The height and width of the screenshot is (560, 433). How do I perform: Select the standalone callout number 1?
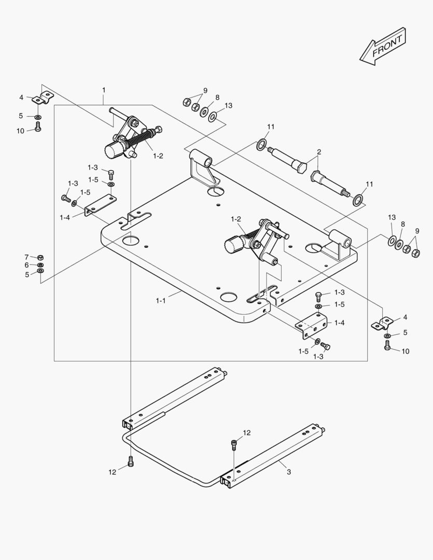(x=104, y=90)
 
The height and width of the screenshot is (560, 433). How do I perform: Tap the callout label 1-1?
(x=161, y=300)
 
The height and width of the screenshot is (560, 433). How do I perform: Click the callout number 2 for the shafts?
(x=319, y=152)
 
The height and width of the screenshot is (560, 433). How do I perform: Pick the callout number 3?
(x=289, y=471)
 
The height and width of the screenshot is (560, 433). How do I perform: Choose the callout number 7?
(x=26, y=257)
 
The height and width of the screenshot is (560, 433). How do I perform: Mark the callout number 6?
(x=26, y=265)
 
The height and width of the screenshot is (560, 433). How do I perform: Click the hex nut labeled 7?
(x=41, y=257)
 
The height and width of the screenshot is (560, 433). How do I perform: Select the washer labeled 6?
(x=41, y=265)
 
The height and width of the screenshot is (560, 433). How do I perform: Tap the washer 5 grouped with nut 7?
(x=41, y=271)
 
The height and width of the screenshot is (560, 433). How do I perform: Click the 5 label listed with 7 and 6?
(x=26, y=274)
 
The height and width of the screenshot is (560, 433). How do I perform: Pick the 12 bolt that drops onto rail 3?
(x=234, y=445)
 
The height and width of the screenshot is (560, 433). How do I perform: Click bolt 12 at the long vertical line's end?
(x=131, y=460)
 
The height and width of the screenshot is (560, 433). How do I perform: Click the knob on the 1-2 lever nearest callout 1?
(x=114, y=152)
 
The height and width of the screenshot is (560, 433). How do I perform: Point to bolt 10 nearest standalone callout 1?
(x=38, y=128)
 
